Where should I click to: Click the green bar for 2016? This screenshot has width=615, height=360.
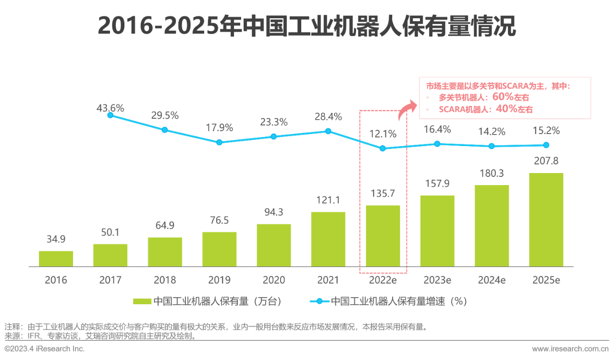tap(56, 259)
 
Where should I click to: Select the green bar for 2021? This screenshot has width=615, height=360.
tap(328, 239)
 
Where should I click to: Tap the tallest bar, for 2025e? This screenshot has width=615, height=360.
tap(546, 219)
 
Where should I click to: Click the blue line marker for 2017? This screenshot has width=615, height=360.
tap(111, 115)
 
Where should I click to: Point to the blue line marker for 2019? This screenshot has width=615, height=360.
tap(219, 142)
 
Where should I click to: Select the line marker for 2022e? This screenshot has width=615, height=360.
tap(382, 149)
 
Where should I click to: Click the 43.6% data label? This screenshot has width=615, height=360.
tap(110, 108)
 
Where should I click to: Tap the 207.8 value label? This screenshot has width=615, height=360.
tap(546, 161)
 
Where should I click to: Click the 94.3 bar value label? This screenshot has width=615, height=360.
tap(274, 212)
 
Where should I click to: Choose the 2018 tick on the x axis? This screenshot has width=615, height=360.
tap(165, 280)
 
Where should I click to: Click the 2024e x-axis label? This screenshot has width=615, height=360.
tap(492, 280)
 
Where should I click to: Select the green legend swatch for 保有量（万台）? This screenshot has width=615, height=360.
tap(142, 301)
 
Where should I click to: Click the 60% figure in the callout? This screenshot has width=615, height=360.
tap(503, 97)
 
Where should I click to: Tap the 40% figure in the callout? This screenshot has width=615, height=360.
tap(506, 109)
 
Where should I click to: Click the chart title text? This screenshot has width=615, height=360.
tap(307, 26)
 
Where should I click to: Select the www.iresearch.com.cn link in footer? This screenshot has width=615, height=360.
tap(570, 348)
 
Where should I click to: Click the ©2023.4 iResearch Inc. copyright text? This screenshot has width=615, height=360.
tap(45, 348)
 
